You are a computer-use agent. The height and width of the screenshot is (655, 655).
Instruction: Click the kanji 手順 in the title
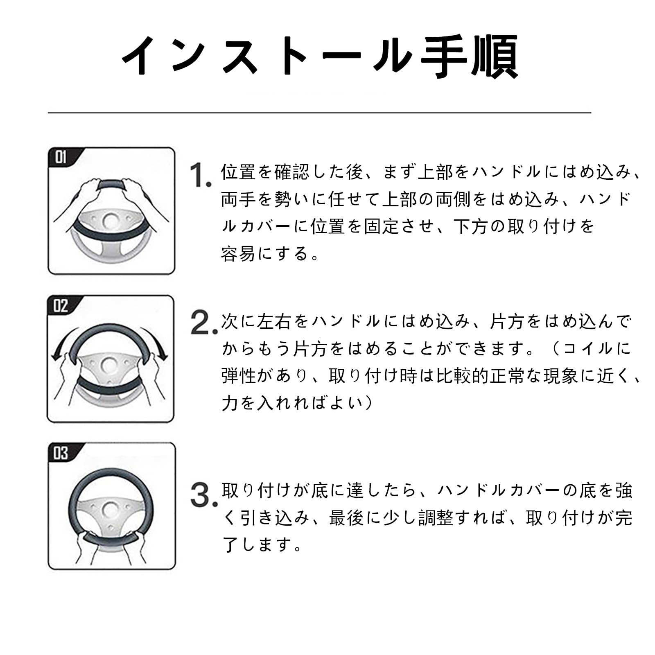pos(470,57)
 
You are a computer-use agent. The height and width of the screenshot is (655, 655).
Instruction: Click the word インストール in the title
pos(266,57)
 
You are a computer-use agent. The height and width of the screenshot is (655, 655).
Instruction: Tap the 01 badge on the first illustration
pos(61,157)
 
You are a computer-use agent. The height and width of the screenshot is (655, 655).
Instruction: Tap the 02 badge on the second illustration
pos(61,305)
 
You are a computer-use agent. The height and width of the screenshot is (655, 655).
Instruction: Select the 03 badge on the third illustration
pos(61,453)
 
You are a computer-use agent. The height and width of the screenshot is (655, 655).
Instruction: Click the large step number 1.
pos(201,175)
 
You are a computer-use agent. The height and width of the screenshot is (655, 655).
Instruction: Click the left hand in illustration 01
pos(86,189)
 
